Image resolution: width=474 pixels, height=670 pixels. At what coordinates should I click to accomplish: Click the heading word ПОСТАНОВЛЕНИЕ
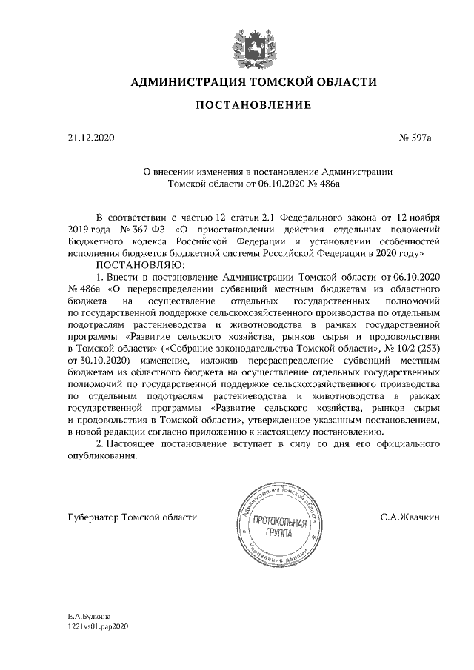[x=253, y=107]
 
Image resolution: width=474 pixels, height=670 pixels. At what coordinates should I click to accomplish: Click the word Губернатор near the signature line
[x=93, y=517]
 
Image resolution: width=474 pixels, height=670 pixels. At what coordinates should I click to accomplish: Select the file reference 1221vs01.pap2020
[x=99, y=626]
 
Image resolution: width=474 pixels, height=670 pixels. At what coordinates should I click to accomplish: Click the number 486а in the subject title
[x=327, y=183]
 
